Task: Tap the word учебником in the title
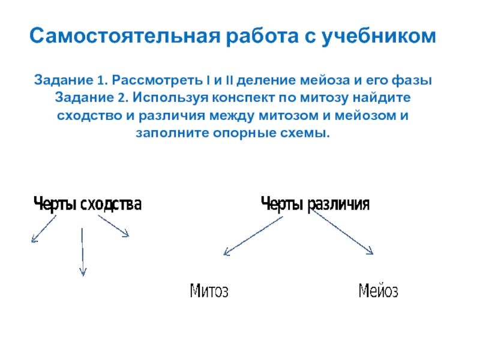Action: (x=379, y=37)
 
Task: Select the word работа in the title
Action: (x=262, y=35)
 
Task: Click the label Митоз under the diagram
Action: (x=209, y=290)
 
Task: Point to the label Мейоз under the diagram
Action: (x=379, y=290)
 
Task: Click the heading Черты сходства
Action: (x=88, y=204)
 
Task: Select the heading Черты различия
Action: (x=316, y=204)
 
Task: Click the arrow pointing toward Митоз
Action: (x=253, y=236)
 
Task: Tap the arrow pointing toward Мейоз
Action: (x=343, y=232)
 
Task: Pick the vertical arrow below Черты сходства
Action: (x=82, y=252)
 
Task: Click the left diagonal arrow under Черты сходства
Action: (x=44, y=229)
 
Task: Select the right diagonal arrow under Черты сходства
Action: (x=113, y=226)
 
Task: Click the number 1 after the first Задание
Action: (x=101, y=80)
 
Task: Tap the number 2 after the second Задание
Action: (x=121, y=98)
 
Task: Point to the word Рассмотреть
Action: (x=157, y=80)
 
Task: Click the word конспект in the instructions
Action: (x=243, y=98)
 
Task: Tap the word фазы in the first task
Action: (x=412, y=80)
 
